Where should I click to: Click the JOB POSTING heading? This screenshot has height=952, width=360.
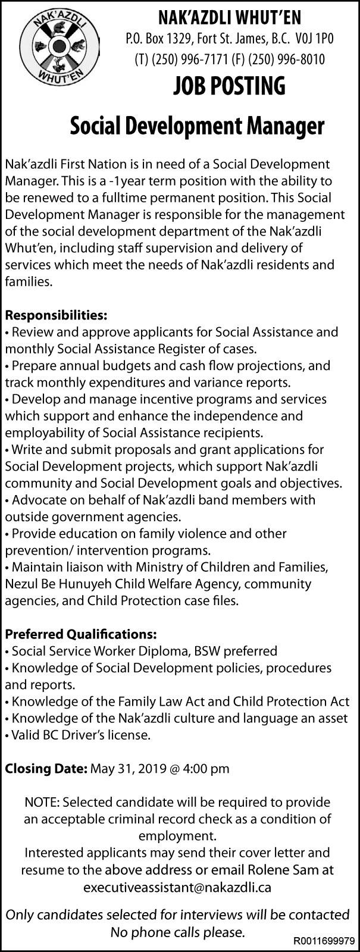(229, 87)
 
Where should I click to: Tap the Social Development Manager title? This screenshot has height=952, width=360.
(197, 126)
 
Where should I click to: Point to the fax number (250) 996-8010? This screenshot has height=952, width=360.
(278, 60)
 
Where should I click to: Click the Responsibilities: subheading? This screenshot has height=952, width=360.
(56, 314)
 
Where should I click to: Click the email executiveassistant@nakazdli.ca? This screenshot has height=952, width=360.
(177, 887)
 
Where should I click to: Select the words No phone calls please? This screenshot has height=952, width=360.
(177, 932)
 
